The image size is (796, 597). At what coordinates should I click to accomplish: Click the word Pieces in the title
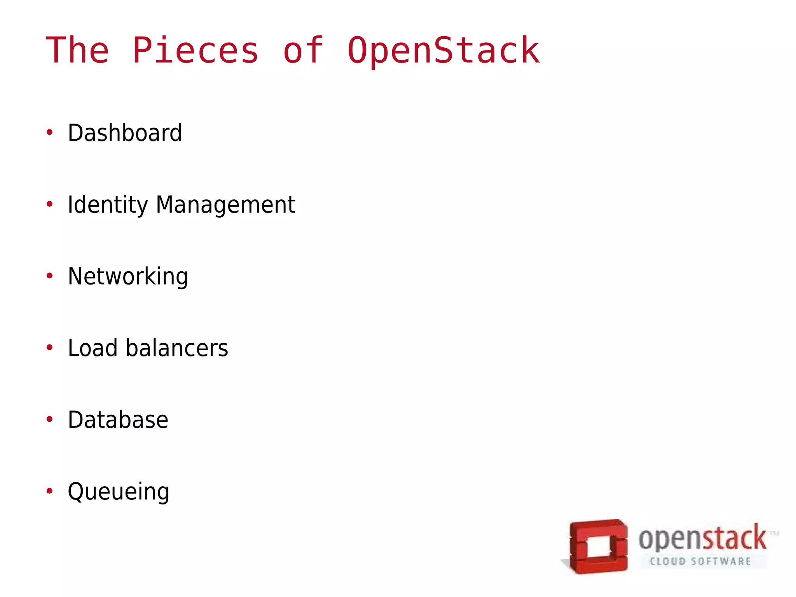(196, 51)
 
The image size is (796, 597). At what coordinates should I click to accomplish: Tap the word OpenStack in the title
(443, 51)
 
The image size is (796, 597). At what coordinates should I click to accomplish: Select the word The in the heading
(77, 51)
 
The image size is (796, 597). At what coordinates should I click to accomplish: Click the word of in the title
(303, 51)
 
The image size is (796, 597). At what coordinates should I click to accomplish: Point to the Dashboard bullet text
(125, 133)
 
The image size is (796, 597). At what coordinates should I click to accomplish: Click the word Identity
(108, 205)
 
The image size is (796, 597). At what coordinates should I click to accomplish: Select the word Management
(225, 205)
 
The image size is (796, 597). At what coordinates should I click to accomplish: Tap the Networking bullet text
(128, 277)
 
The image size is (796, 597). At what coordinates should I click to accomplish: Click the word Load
(93, 348)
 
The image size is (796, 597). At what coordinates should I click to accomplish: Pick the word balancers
(177, 348)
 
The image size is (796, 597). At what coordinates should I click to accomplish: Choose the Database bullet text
(118, 420)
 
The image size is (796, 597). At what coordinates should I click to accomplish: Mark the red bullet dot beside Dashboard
(49, 133)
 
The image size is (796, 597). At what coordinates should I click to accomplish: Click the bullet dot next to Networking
(49, 276)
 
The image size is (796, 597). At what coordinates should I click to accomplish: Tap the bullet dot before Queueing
(49, 491)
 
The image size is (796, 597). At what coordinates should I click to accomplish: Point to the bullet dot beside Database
(49, 419)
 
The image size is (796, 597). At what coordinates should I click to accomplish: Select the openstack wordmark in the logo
(703, 539)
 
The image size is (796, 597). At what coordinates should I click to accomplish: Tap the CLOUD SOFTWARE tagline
(700, 562)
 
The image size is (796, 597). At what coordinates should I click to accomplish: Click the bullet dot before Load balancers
(49, 347)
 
